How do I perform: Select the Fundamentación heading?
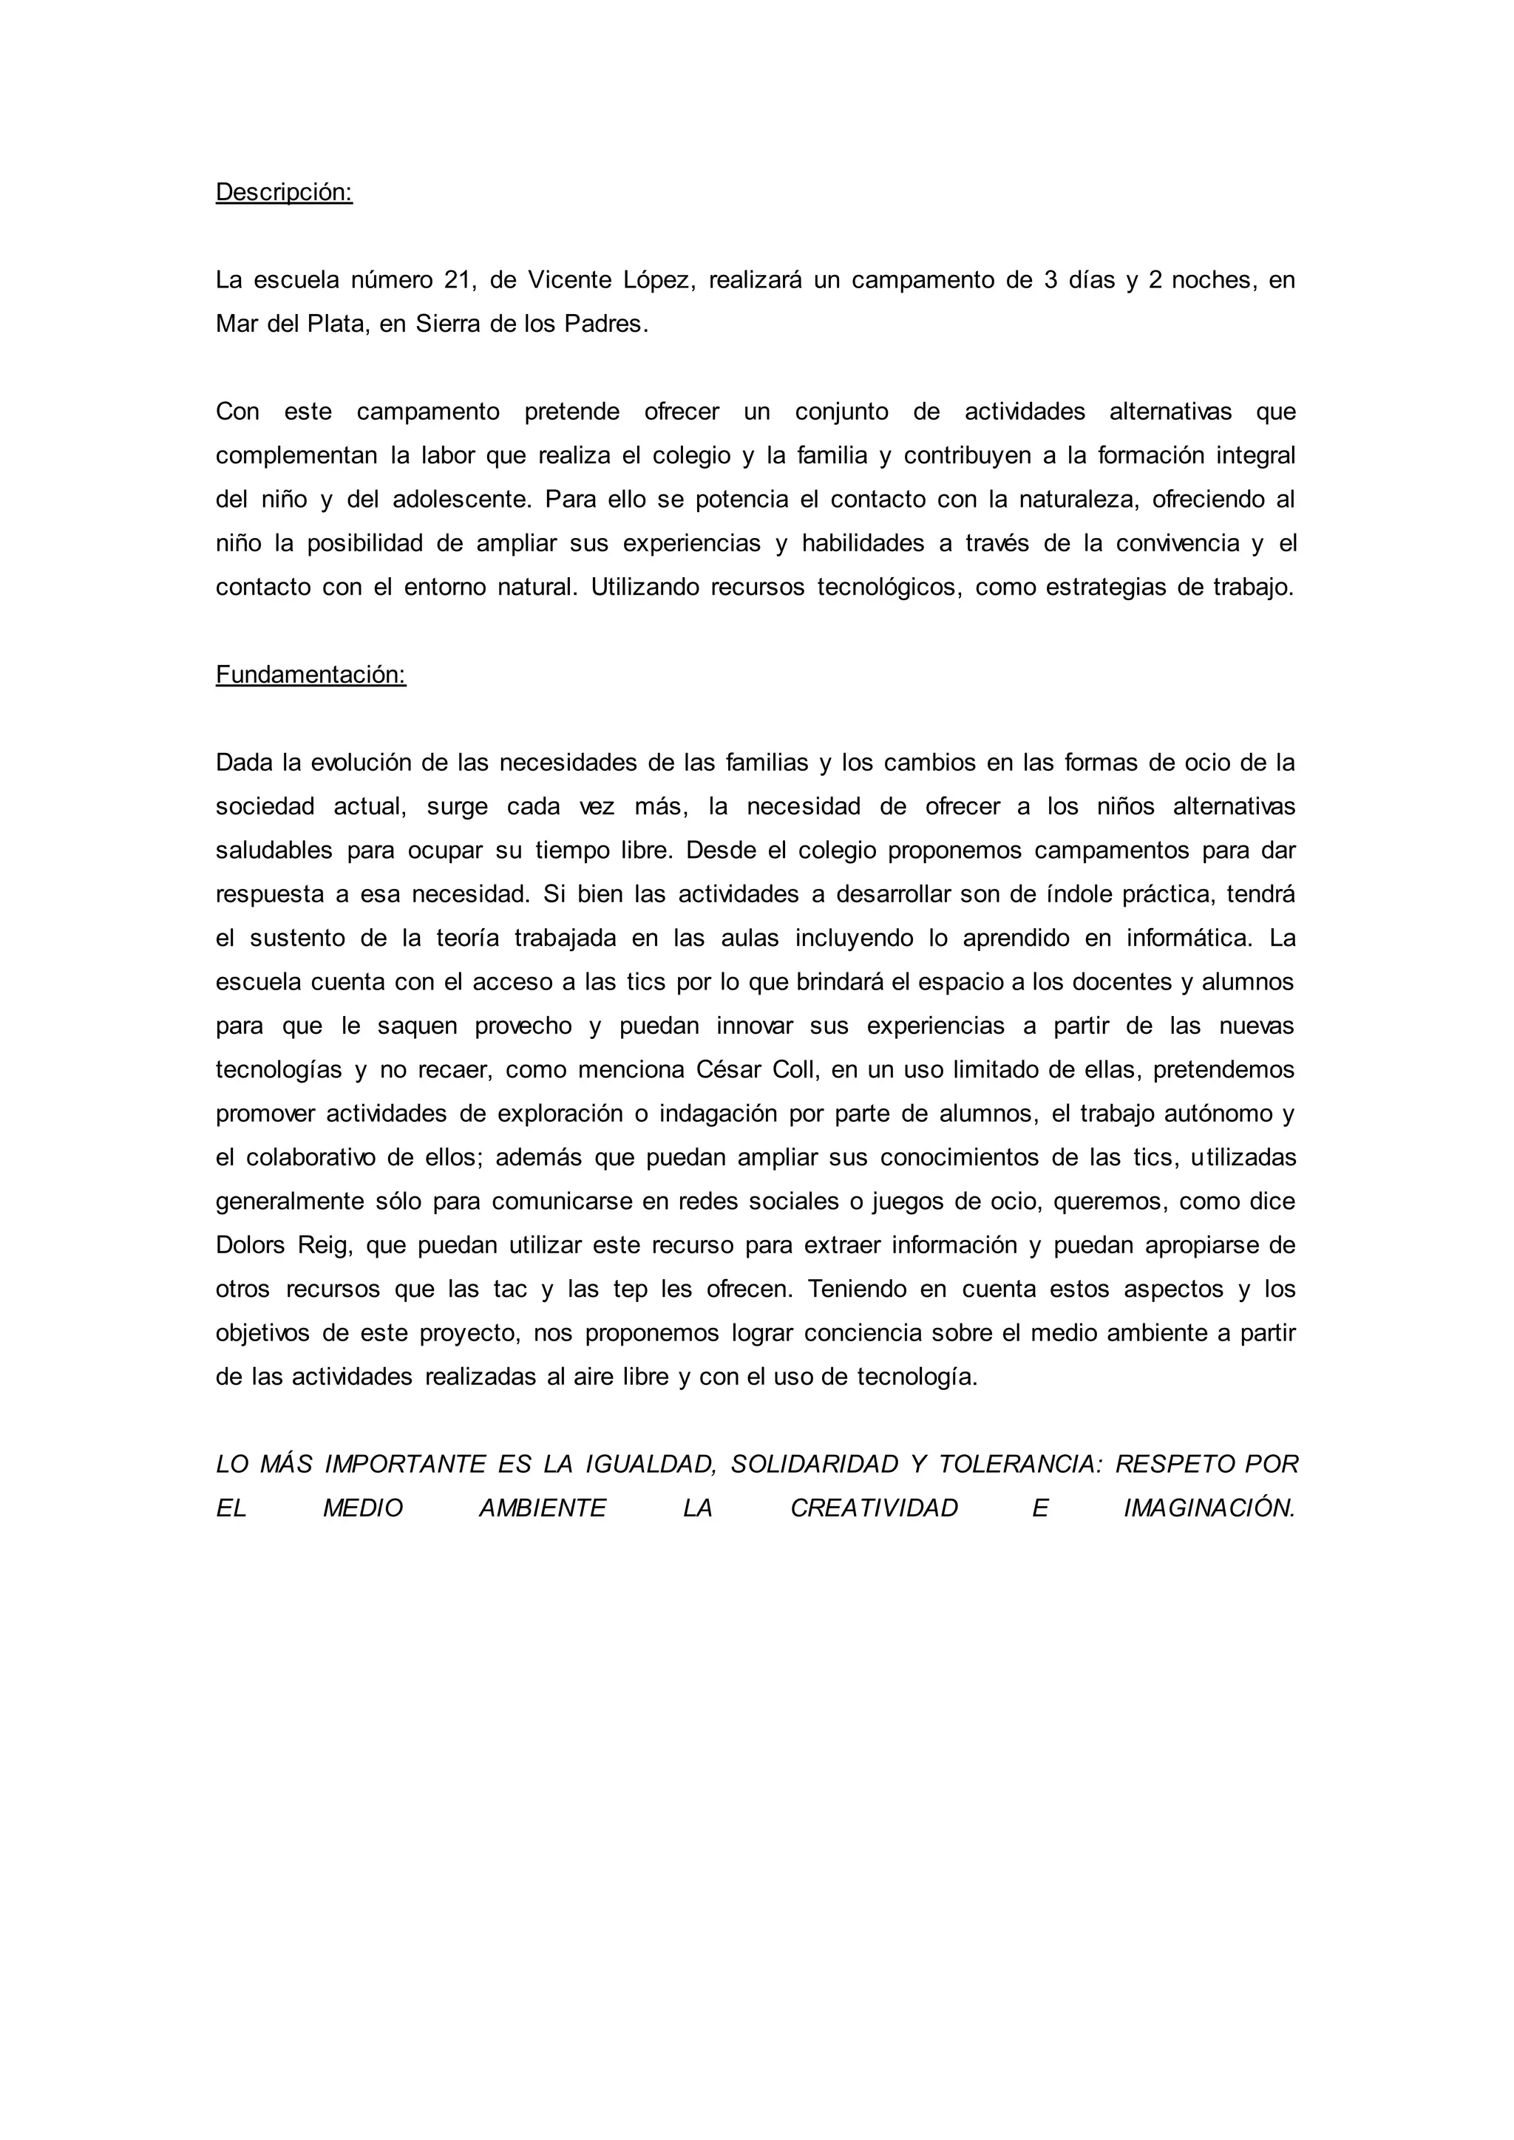click(x=310, y=675)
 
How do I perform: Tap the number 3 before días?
click(x=1050, y=281)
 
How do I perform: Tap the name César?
click(x=728, y=1070)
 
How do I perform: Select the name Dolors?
click(x=250, y=1245)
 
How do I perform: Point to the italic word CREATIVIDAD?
click(x=874, y=1508)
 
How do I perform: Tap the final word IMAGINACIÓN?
click(x=1209, y=1508)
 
